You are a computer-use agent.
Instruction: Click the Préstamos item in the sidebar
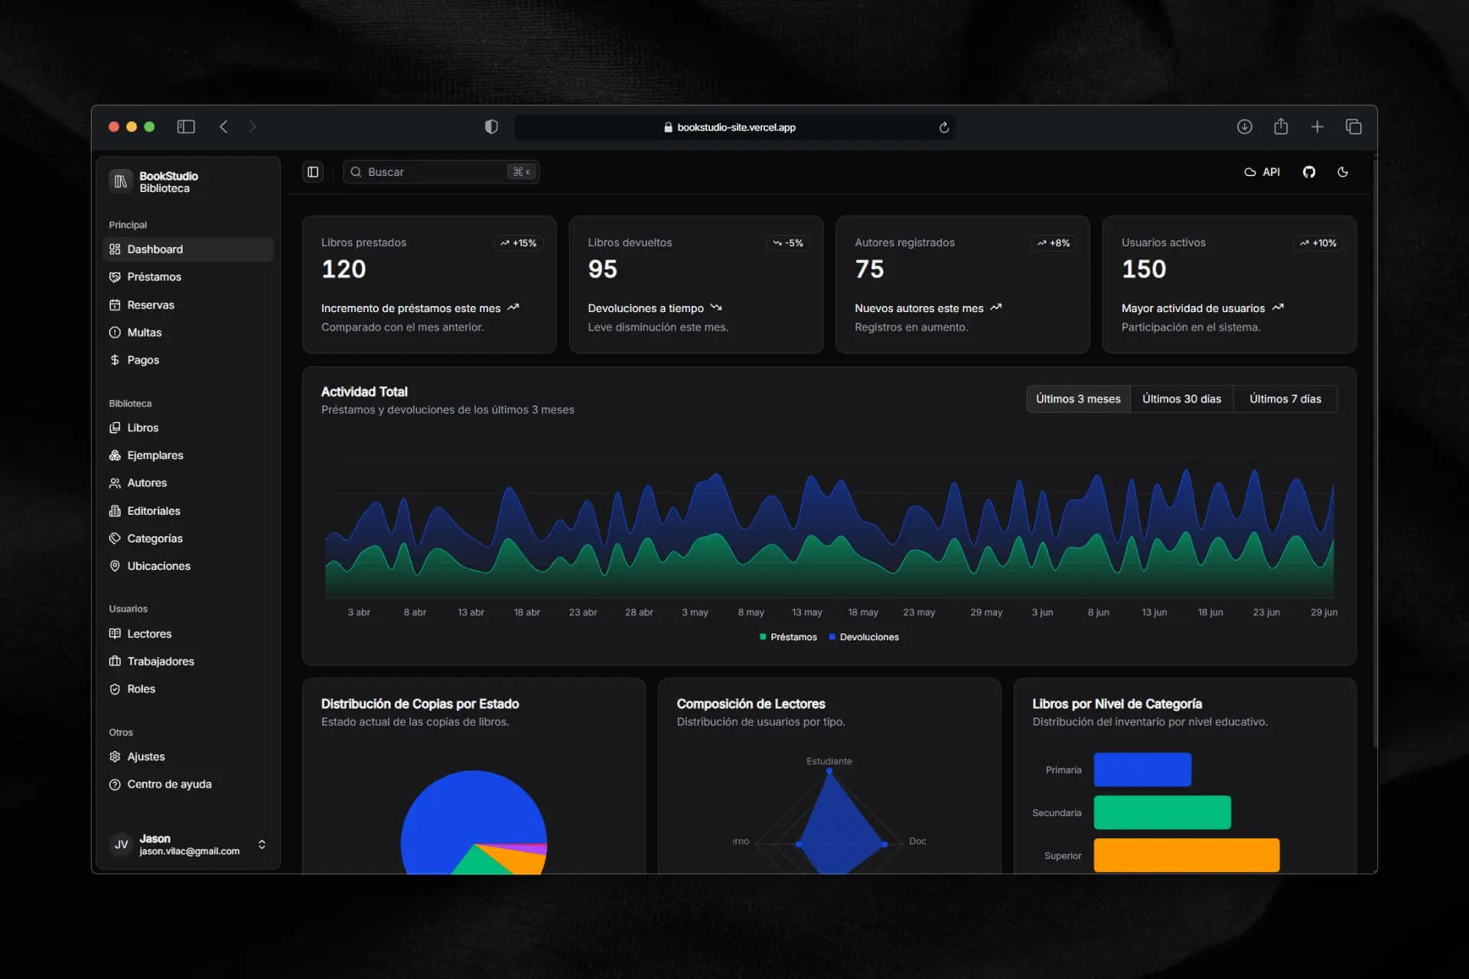pyautogui.click(x=154, y=277)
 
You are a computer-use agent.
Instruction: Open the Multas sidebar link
pyautogui.click(x=144, y=332)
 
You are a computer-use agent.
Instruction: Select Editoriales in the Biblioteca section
pyautogui.click(x=153, y=511)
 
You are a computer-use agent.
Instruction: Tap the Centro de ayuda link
pyautogui.click(x=169, y=784)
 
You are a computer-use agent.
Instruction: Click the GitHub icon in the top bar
pyautogui.click(x=1309, y=172)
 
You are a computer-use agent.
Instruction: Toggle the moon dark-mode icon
pyautogui.click(x=1343, y=172)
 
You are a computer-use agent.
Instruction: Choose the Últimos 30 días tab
pyautogui.click(x=1181, y=398)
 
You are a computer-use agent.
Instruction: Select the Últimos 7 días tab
pyautogui.click(x=1285, y=398)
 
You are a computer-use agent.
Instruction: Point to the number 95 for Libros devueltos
pyautogui.click(x=602, y=269)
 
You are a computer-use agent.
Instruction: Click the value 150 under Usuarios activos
pyautogui.click(x=1144, y=269)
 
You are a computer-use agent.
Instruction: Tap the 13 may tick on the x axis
pyautogui.click(x=807, y=612)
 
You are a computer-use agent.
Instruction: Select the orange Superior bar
pyautogui.click(x=1186, y=855)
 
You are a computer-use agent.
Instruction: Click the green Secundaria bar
pyautogui.click(x=1161, y=812)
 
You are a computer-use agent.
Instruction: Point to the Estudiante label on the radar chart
pyautogui.click(x=829, y=761)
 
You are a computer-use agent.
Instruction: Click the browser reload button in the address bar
pyautogui.click(x=944, y=128)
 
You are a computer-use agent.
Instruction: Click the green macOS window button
pyautogui.click(x=150, y=127)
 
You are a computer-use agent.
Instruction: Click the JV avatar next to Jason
pyautogui.click(x=121, y=844)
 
